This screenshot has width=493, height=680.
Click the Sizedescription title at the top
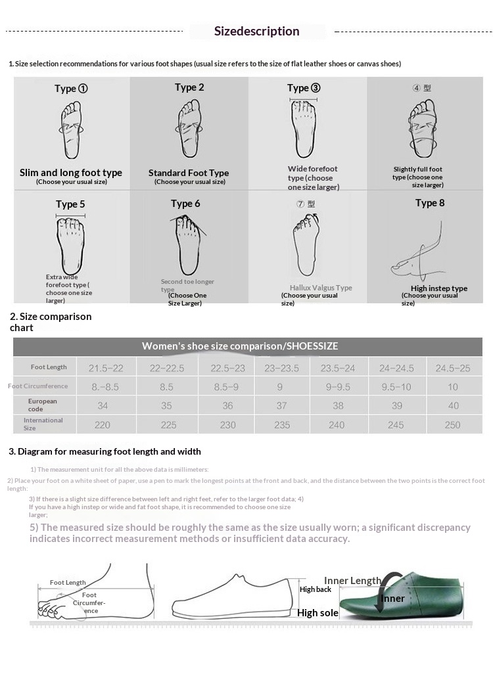point(257,31)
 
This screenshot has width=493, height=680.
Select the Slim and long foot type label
point(71,173)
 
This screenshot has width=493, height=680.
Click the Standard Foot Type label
point(189,173)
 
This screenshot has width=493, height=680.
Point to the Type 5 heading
point(70,204)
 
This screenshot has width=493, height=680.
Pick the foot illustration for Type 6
point(187,240)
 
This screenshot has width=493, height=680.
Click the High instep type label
point(439,288)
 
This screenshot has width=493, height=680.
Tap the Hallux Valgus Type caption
point(321,288)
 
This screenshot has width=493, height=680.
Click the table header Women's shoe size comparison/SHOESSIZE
point(240,346)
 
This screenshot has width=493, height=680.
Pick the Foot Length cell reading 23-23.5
point(281,369)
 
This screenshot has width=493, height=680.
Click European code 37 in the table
point(281,406)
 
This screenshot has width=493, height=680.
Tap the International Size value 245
point(396,425)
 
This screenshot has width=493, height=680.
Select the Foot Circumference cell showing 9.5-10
point(397,387)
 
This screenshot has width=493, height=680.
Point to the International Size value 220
point(103,425)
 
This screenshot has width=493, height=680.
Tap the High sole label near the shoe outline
point(317,613)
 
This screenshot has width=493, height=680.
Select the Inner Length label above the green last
point(352,581)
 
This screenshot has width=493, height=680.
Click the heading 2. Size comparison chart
point(51,322)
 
